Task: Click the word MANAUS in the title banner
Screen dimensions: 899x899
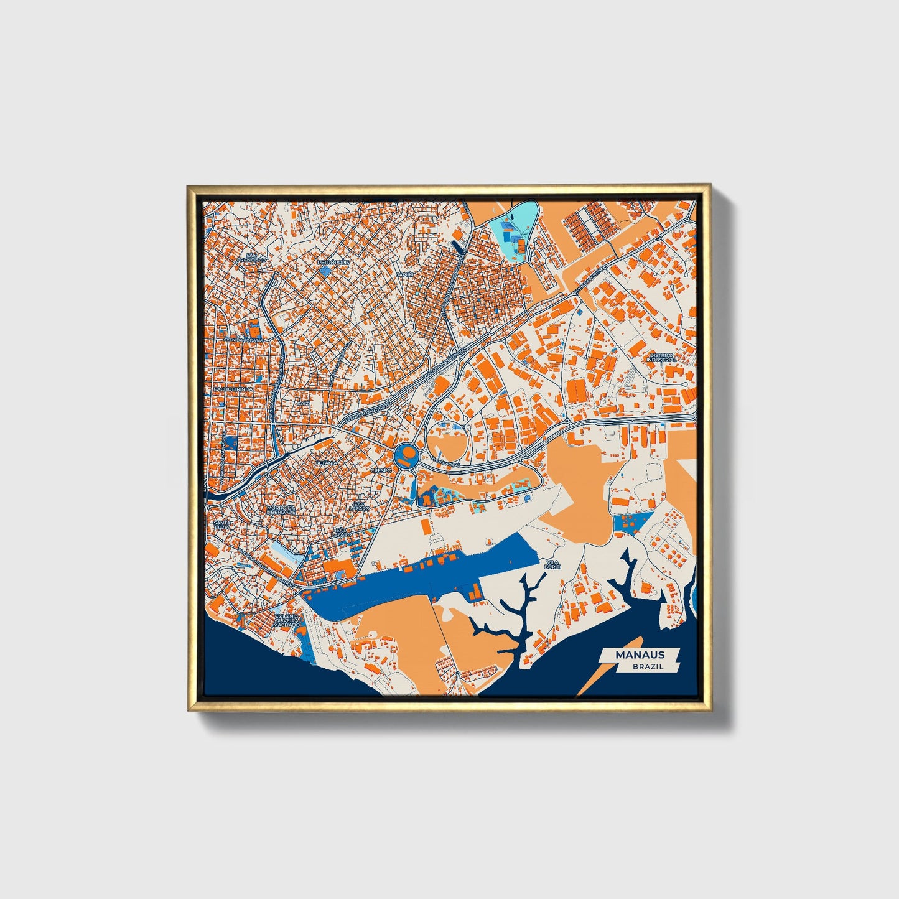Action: tap(640, 654)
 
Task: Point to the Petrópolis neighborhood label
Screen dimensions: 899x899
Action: tap(333, 263)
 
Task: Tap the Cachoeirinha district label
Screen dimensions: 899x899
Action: tap(233, 388)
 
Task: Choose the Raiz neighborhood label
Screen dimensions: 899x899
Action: tap(303, 403)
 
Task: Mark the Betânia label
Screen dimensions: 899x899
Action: tap(326, 463)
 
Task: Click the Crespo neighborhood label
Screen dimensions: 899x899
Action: tap(381, 471)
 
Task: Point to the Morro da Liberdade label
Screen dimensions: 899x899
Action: tap(281, 510)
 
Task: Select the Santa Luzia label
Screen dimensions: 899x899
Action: tap(222, 525)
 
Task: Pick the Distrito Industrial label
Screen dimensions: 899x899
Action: tap(661, 358)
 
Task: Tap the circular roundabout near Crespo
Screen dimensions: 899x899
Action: tap(405, 456)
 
